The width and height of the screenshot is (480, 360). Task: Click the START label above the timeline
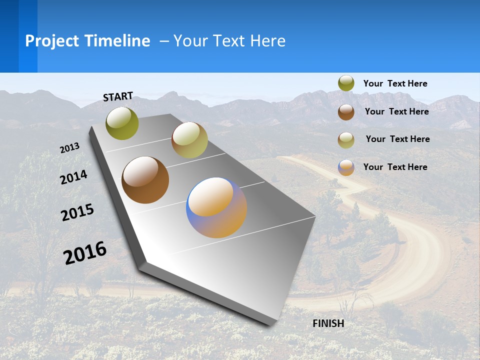[x=118, y=96]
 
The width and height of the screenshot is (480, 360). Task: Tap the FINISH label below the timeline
[x=328, y=323]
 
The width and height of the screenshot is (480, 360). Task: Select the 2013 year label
[x=70, y=147]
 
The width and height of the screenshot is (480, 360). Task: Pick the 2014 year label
[x=74, y=177]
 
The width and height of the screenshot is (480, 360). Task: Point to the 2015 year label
[x=77, y=212]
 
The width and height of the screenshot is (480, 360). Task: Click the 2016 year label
[x=85, y=252]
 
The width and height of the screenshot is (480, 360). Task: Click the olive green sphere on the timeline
[x=122, y=123]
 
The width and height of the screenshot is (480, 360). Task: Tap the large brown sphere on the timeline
[x=145, y=180]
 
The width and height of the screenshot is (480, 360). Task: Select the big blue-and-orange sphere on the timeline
[x=216, y=207]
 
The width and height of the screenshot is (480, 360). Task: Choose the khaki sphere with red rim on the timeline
[x=189, y=140]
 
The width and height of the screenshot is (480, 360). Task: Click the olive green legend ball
[x=346, y=83]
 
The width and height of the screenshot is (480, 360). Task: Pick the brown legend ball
[x=346, y=112]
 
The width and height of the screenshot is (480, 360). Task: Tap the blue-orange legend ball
[x=346, y=167]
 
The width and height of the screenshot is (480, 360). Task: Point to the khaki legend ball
[x=346, y=140]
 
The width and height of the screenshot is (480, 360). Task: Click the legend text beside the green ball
[x=395, y=83]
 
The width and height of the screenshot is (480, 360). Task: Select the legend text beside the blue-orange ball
[x=395, y=167]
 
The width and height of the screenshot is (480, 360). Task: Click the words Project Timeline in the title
[x=87, y=41]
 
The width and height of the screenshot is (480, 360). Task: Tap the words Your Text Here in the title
[x=229, y=41]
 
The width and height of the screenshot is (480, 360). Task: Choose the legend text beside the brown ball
[x=396, y=111]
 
